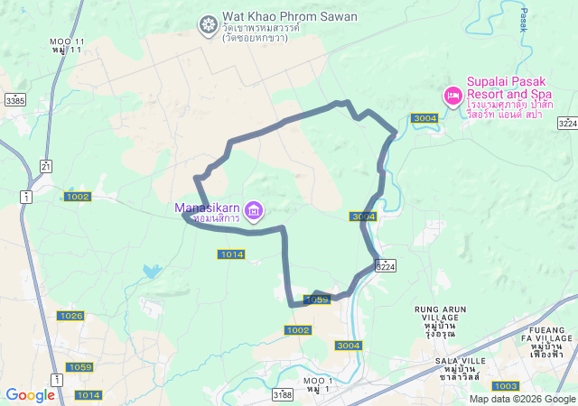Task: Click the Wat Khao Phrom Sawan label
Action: (278, 16)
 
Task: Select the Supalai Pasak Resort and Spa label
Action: (509, 87)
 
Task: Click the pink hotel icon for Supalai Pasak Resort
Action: (452, 95)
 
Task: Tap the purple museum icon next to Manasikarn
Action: (255, 212)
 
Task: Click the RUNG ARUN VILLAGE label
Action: (441, 315)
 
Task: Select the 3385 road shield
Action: (14, 101)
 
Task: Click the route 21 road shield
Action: (46, 165)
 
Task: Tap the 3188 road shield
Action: (283, 394)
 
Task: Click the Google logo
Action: (30, 395)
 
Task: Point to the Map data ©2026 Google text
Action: (522, 399)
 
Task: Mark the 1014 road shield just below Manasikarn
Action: (231, 254)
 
